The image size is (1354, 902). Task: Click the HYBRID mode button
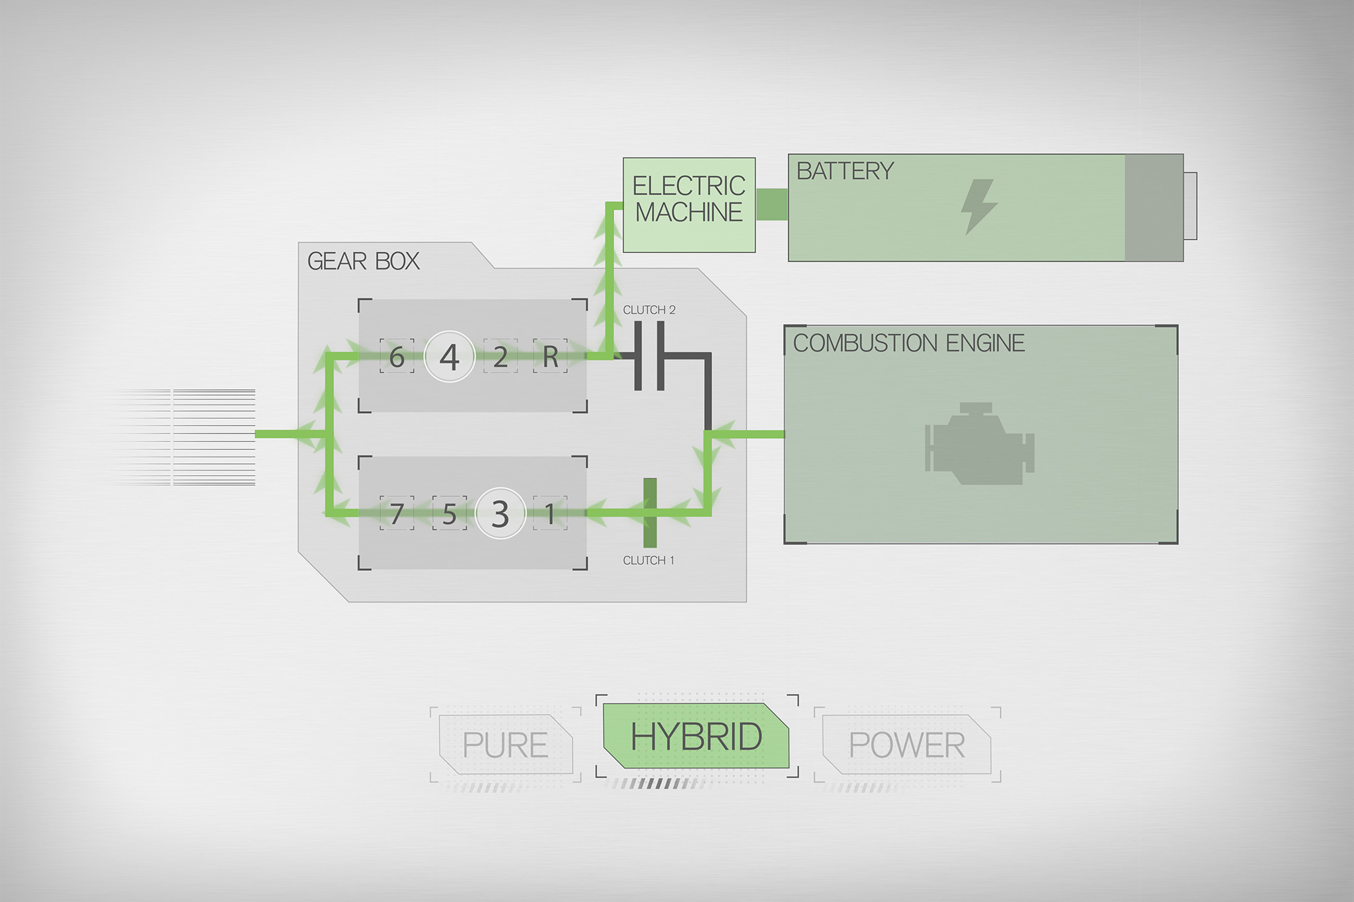(696, 736)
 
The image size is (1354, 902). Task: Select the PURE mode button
(506, 745)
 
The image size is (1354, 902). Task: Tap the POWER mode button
(906, 745)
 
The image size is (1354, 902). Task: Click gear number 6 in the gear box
(397, 357)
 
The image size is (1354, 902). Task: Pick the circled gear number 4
(450, 357)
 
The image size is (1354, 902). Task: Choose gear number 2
(500, 357)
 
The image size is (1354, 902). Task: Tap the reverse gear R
(551, 357)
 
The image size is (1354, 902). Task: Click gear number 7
(397, 513)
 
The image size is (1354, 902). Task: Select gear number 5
(450, 513)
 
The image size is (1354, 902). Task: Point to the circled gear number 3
(500, 513)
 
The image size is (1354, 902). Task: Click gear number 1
(550, 513)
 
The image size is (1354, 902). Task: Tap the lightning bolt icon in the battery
(978, 206)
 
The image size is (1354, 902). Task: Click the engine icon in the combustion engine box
(979, 443)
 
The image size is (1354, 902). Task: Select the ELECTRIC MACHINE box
(689, 205)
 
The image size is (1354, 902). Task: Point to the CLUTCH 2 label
(649, 310)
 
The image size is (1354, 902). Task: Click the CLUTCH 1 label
(649, 560)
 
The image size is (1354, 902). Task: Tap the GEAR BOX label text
(364, 262)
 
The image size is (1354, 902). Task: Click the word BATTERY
(845, 171)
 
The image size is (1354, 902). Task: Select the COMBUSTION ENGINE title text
(909, 343)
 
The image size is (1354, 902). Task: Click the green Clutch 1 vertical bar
(650, 513)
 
